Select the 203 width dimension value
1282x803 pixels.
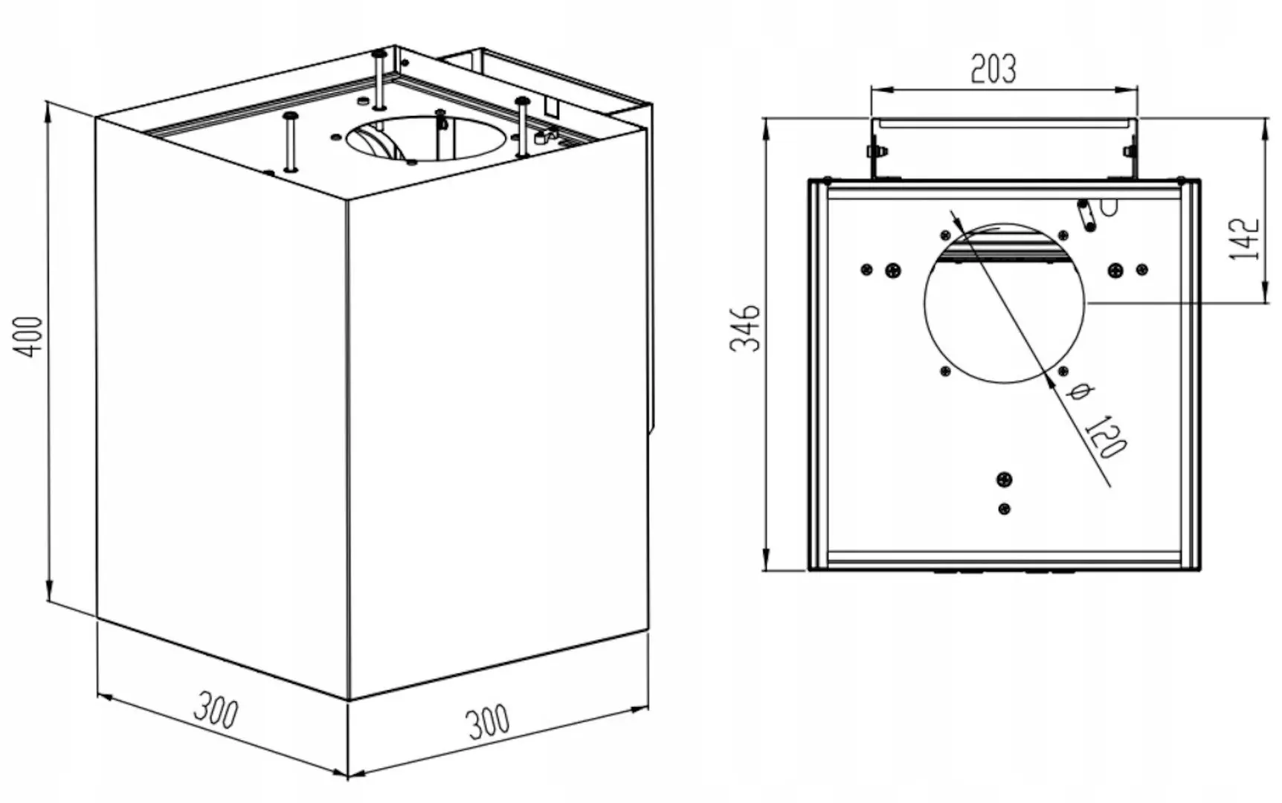(993, 68)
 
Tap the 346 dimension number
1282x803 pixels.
(744, 327)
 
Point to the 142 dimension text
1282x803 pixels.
(1243, 239)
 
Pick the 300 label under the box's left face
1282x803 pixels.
(216, 710)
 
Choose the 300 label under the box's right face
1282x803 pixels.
(488, 721)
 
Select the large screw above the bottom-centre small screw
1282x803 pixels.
(1005, 480)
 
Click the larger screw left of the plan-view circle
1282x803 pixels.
(892, 271)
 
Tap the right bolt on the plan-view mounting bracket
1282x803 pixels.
(1130, 152)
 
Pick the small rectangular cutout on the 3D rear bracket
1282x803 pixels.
(551, 106)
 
